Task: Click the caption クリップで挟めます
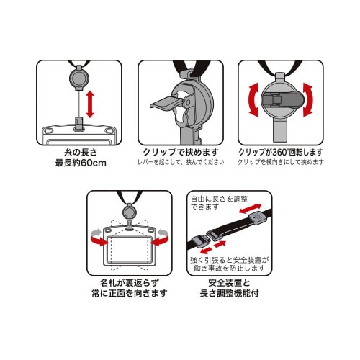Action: coord(180,153)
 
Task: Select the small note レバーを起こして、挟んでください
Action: coord(181,163)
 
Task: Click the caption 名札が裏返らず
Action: coord(129,282)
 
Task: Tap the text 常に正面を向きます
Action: coord(129,294)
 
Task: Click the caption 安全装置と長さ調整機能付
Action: coord(230,288)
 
